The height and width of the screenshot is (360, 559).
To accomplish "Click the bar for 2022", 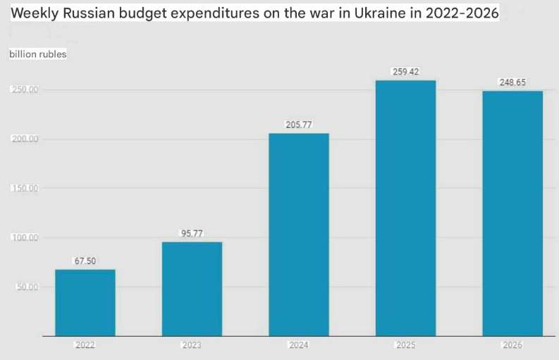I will coord(85,303).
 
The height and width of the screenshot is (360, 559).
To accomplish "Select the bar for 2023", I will coord(192,289).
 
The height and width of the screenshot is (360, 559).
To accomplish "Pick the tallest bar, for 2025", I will coord(405,209).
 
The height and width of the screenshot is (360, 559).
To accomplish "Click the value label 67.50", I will coord(85,261).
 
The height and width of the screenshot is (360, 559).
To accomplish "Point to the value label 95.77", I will coord(192,234).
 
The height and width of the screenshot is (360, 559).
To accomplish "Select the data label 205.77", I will coord(299,125).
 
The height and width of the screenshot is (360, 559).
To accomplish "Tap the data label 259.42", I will coord(405,72).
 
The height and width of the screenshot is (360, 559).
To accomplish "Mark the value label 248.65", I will coord(512,82).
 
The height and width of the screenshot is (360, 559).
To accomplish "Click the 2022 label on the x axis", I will coord(85,345).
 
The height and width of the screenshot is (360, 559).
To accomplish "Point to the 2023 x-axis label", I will coord(192,345).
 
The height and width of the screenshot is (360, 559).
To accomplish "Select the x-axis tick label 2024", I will coord(299,345).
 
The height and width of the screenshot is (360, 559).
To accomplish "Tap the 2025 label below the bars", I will coord(405,345).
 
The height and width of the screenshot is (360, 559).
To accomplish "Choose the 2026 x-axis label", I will coord(512,345).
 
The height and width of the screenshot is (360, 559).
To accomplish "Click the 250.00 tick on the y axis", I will coord(25,90).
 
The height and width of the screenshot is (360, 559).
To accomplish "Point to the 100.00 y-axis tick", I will coord(25,238).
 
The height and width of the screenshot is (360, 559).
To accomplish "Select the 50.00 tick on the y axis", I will coord(27,287).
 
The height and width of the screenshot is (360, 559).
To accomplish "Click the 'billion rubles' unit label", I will coord(38,54).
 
